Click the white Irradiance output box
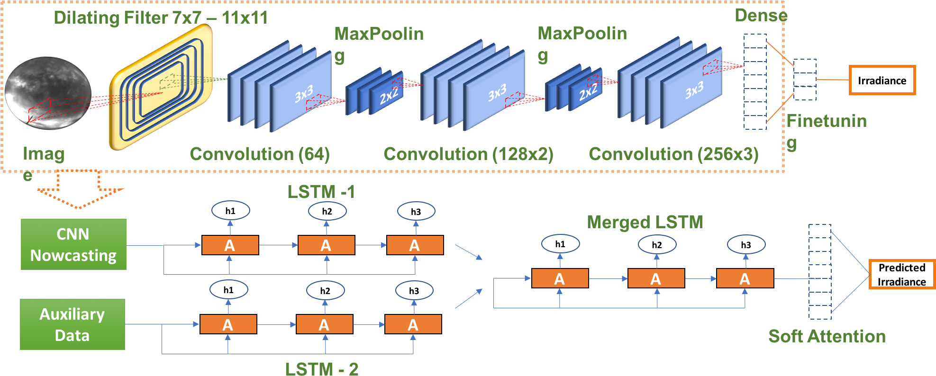coord(881,81)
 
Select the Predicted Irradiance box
coord(901,275)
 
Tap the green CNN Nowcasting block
coord(73,244)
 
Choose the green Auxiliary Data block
coord(73,324)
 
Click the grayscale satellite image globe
coord(48,93)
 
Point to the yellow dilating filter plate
coord(161,87)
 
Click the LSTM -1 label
coord(321,192)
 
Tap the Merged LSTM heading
coord(645,222)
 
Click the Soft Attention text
coord(827,336)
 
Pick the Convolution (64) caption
coord(259,154)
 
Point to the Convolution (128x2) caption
coord(468,154)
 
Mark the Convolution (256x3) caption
coord(673,154)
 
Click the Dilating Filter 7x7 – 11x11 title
coord(161,18)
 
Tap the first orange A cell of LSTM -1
coord(230,245)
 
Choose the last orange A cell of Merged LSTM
coord(745,278)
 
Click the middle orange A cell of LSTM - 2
coord(324,324)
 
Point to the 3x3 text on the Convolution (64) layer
coord(304,94)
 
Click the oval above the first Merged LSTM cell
coord(560,244)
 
